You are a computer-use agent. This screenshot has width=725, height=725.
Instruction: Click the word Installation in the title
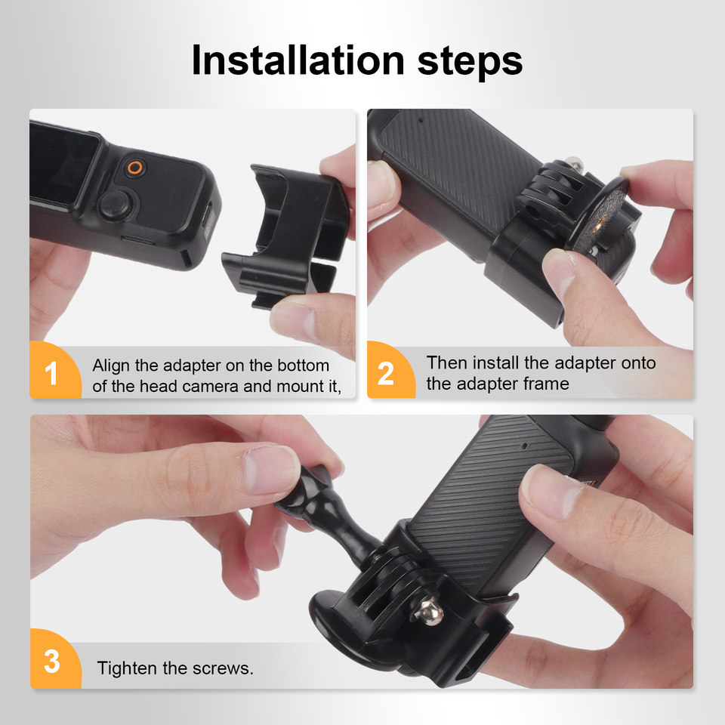298,60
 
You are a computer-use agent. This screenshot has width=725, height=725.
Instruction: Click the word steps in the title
470,63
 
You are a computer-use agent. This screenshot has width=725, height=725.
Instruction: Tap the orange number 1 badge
54,370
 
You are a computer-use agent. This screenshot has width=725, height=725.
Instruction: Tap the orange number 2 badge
390,370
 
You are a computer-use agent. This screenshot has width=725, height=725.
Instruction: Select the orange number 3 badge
54,659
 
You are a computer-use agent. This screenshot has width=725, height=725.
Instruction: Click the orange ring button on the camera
135,168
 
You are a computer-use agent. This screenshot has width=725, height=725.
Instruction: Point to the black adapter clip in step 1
285,236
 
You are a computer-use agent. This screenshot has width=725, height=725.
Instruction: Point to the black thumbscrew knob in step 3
326,509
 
